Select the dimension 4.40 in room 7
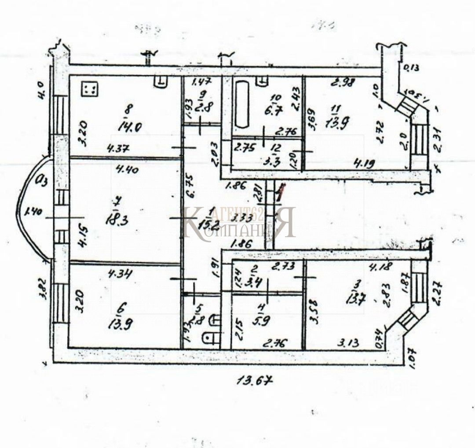coord(126,167)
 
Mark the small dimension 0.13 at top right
coord(411,67)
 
